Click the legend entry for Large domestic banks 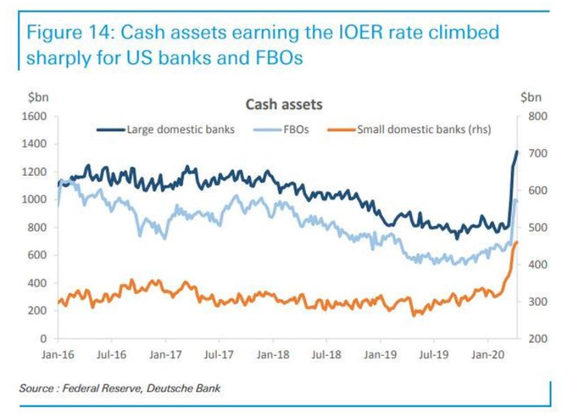[x=180, y=130]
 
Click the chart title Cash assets [x=284, y=105]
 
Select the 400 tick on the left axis [x=39, y=284]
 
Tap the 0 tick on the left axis [x=45, y=339]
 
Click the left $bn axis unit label [x=38, y=97]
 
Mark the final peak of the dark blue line [x=517, y=152]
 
